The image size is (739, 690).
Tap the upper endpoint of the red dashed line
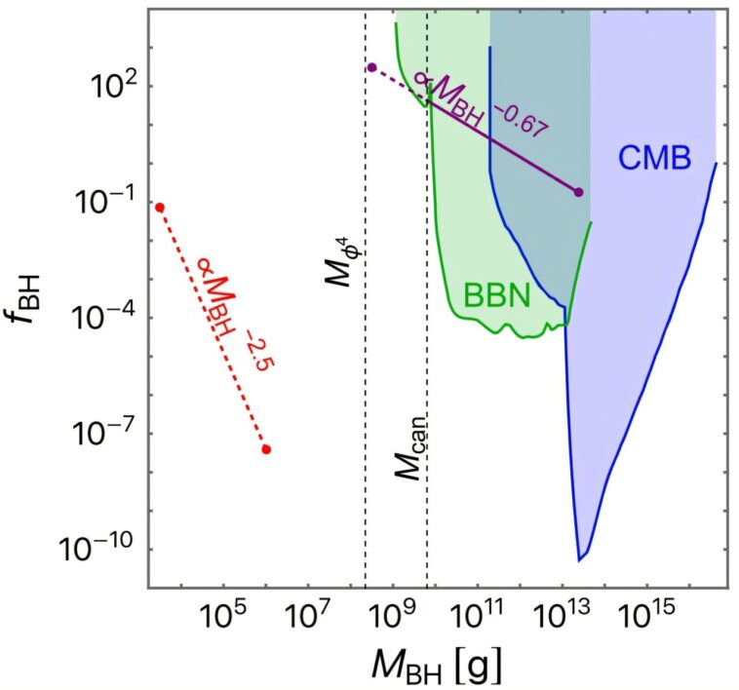(x=160, y=207)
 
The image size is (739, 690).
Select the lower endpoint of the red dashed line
(x=266, y=449)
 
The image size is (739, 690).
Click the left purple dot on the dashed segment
(x=371, y=67)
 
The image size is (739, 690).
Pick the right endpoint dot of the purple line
(x=579, y=193)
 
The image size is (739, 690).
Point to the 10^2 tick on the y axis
(x=104, y=86)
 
